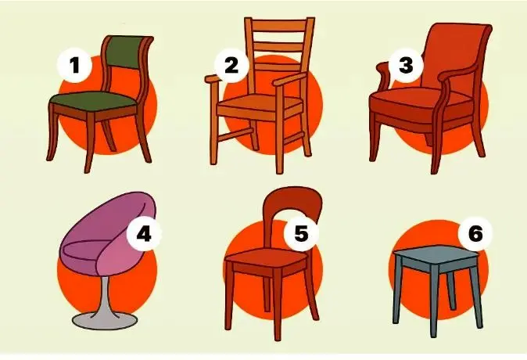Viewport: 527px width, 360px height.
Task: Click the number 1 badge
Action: [x=74, y=65]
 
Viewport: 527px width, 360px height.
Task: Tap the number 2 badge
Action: [x=231, y=65]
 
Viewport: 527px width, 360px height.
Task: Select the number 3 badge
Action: [x=406, y=65]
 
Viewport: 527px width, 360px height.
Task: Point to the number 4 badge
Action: [x=144, y=234]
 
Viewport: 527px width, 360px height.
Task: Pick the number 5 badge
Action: [x=301, y=233]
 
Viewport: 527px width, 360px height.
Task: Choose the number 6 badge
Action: [x=475, y=233]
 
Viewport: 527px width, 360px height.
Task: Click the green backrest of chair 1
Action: [x=127, y=52]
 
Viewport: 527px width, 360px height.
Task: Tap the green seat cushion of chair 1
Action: [x=93, y=99]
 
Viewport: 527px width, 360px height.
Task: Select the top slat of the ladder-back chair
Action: [x=279, y=26]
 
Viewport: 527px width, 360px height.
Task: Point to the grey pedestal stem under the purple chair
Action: [x=104, y=296]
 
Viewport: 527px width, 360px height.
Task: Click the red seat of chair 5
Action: [x=266, y=257]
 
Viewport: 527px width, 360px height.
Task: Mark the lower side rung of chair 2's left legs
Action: [x=235, y=135]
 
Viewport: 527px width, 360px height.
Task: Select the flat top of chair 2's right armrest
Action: [x=289, y=80]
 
